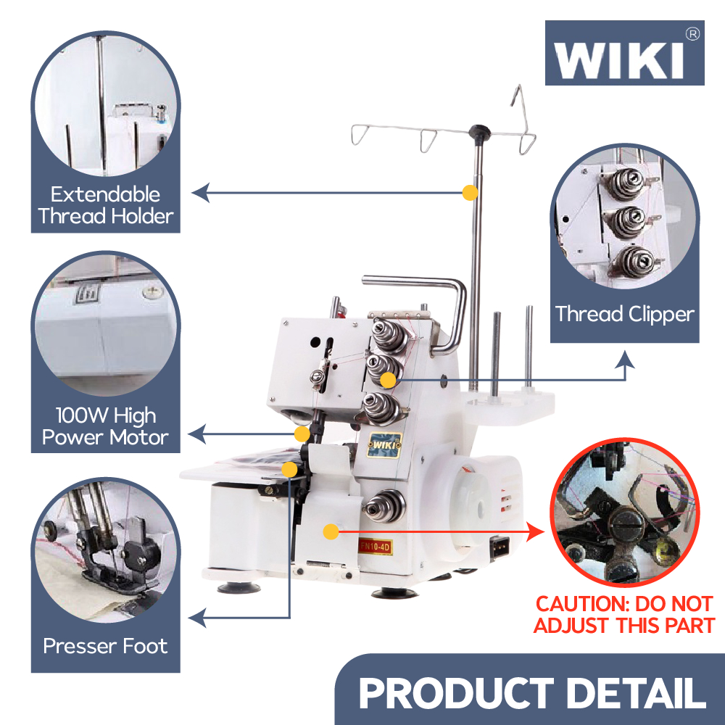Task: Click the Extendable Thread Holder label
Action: coord(106,205)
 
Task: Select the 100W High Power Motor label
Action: coord(105,426)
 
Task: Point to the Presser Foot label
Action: coord(105,646)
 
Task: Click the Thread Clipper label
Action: coord(624,314)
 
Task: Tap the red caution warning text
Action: coord(624,614)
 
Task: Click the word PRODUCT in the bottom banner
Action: coord(456,693)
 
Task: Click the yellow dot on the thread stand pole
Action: coord(470,193)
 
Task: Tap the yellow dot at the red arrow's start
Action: coord(331,532)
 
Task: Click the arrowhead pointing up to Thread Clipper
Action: coord(625,359)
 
